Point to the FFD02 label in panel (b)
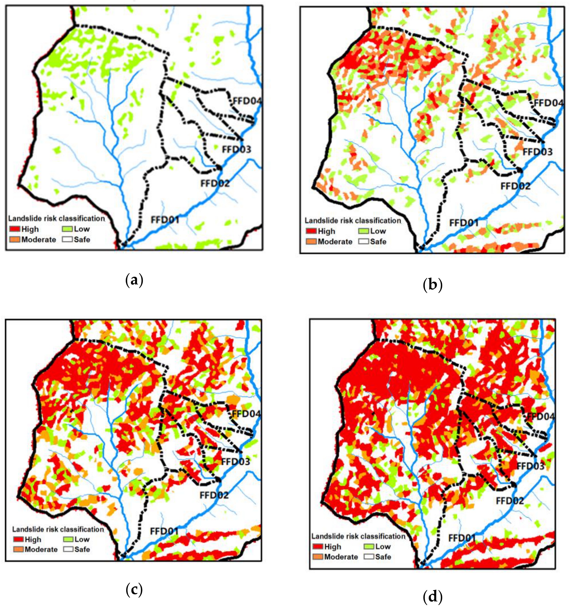[515, 186]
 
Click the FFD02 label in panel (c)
[214, 495]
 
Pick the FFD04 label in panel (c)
[246, 414]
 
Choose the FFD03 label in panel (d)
[530, 466]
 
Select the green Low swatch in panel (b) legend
[364, 231]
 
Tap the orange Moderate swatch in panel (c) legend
[18, 549]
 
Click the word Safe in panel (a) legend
[82, 239]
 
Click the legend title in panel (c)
[58, 529]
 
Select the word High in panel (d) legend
[332, 546]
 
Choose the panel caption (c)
[134, 590]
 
